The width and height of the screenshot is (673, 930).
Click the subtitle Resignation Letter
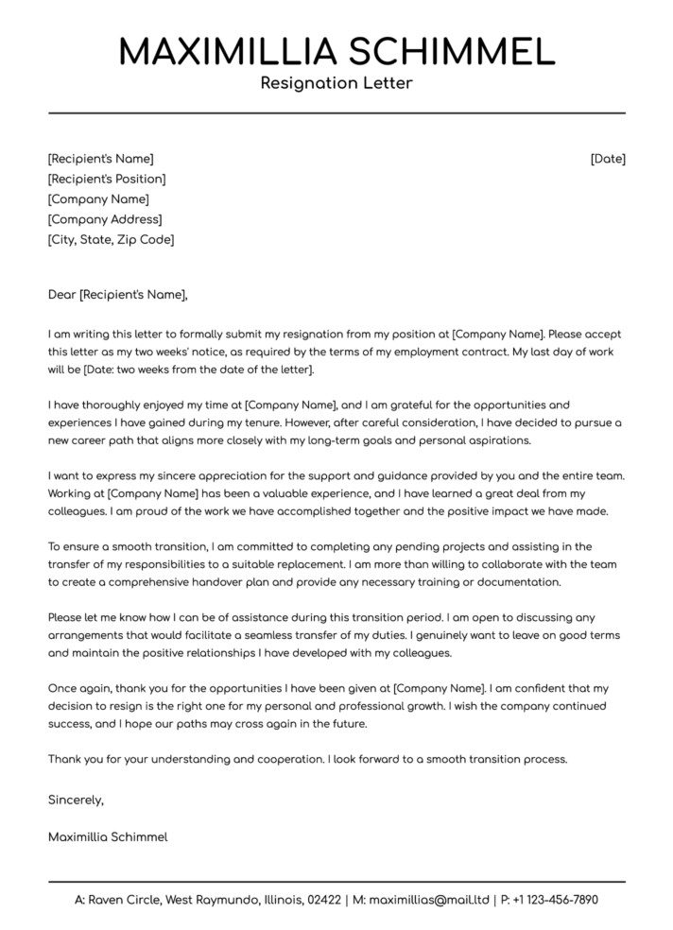(336, 84)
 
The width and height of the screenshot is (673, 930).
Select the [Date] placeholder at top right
(608, 159)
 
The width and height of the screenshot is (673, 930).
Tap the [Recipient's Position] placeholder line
(107, 179)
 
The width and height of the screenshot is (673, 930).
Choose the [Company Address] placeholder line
(105, 219)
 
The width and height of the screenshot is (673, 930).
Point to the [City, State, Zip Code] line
(111, 240)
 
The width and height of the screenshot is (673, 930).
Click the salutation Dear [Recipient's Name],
(118, 295)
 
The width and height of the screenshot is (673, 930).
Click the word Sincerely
(75, 800)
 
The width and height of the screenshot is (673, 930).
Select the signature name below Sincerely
(108, 836)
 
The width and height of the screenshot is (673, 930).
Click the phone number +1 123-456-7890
(556, 900)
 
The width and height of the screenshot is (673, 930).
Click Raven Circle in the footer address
(123, 900)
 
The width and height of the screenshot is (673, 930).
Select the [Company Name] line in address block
(98, 199)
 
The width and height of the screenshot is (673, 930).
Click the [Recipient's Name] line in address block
(100, 159)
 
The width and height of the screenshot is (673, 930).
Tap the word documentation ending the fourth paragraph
(526, 583)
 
